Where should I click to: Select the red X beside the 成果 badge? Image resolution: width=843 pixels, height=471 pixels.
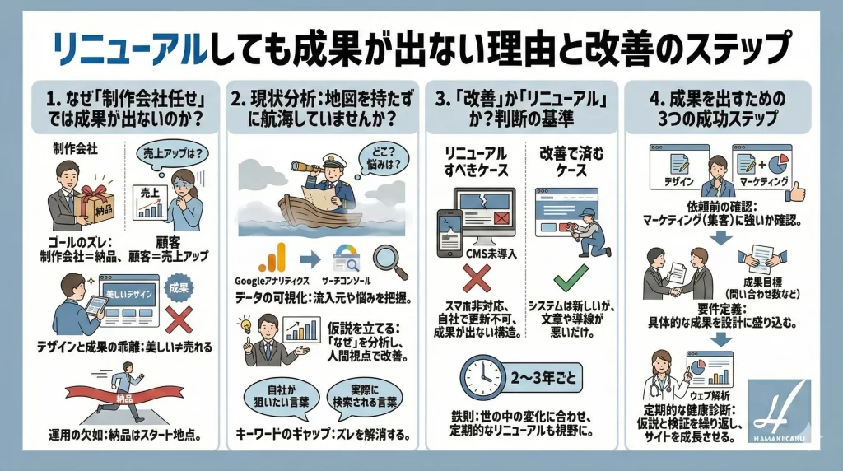tap(179, 319)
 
